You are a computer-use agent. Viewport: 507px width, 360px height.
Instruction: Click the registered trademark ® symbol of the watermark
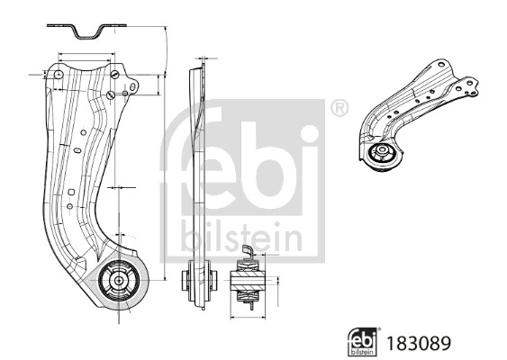pos(339,110)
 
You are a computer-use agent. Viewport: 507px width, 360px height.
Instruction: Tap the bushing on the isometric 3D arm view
pos(382,154)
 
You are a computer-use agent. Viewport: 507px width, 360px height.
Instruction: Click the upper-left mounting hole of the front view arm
pos(59,76)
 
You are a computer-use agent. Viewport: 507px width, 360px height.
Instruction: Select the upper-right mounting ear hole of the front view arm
pos(133,87)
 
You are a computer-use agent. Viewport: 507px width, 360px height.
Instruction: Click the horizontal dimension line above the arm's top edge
pos(86,53)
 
